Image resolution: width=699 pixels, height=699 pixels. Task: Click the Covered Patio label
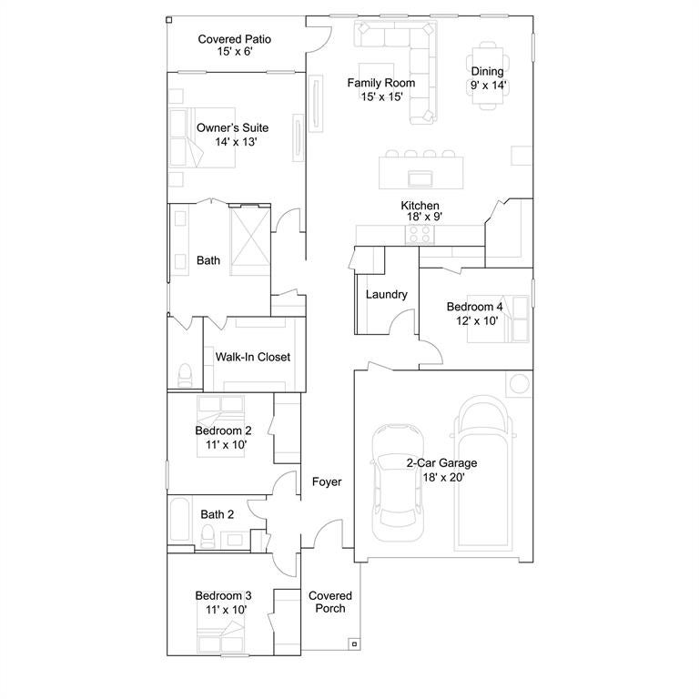tap(235, 39)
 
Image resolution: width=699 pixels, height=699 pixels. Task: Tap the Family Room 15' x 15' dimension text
tap(381, 96)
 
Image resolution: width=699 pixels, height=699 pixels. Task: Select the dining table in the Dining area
tap(488, 76)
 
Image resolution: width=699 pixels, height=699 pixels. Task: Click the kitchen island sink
tap(420, 178)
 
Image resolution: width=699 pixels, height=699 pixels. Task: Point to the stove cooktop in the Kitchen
tap(420, 235)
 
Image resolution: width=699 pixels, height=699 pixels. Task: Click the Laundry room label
tap(387, 294)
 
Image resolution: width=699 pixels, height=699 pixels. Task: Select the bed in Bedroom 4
tap(498, 319)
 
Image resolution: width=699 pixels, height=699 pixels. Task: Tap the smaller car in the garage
tap(398, 482)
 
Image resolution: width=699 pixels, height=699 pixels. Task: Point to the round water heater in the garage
tap(520, 384)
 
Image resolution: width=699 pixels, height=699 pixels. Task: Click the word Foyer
tap(327, 481)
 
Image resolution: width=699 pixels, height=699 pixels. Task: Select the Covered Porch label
tap(330, 602)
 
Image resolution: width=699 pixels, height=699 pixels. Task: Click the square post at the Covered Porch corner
tap(354, 644)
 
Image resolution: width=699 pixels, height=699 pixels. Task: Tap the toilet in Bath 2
tap(208, 535)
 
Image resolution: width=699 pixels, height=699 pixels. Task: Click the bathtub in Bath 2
tap(180, 519)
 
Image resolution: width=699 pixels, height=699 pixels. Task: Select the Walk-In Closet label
tap(253, 357)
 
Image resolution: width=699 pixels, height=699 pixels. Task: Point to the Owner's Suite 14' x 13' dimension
tap(236, 142)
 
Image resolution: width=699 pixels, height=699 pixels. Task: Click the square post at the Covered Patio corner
tap(169, 20)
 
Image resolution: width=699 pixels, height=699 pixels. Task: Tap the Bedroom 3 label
tap(223, 595)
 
